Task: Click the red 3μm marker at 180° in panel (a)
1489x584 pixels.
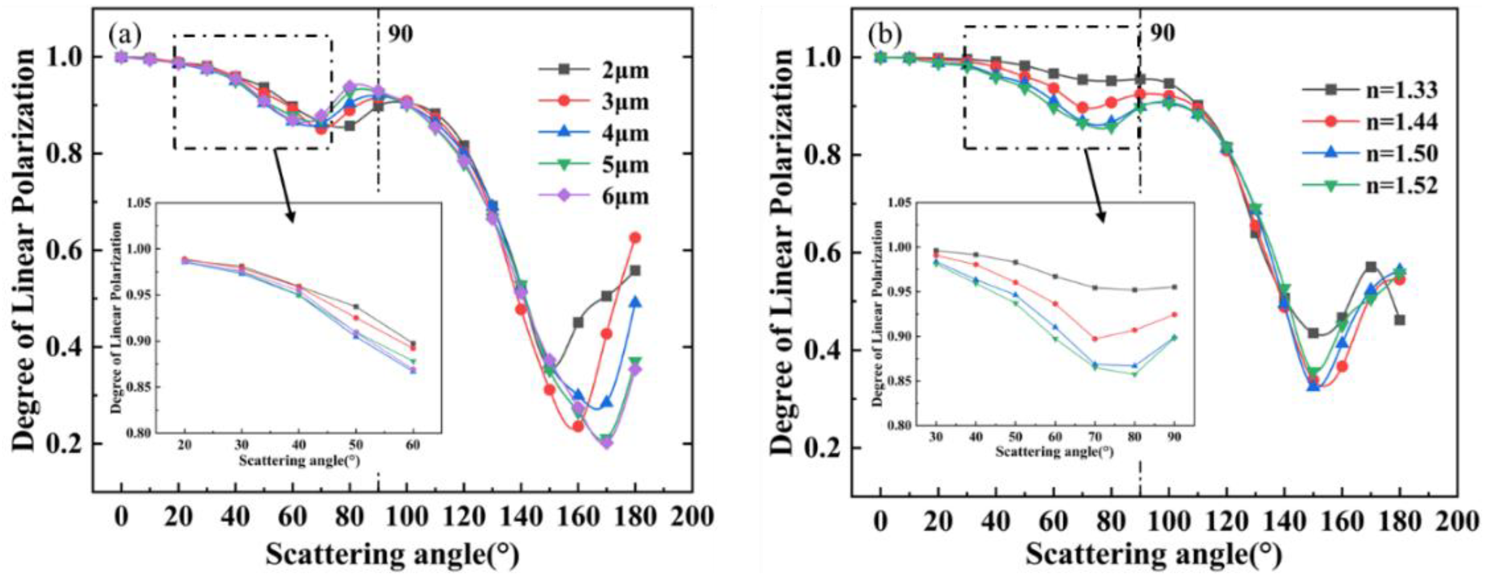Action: (635, 237)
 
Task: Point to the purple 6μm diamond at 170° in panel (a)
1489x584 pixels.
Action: (606, 443)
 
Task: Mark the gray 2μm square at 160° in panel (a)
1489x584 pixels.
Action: (577, 322)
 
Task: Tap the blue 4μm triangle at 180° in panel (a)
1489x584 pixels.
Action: (635, 302)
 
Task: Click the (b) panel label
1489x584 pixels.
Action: (885, 35)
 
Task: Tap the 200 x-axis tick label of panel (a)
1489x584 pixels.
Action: (693, 516)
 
